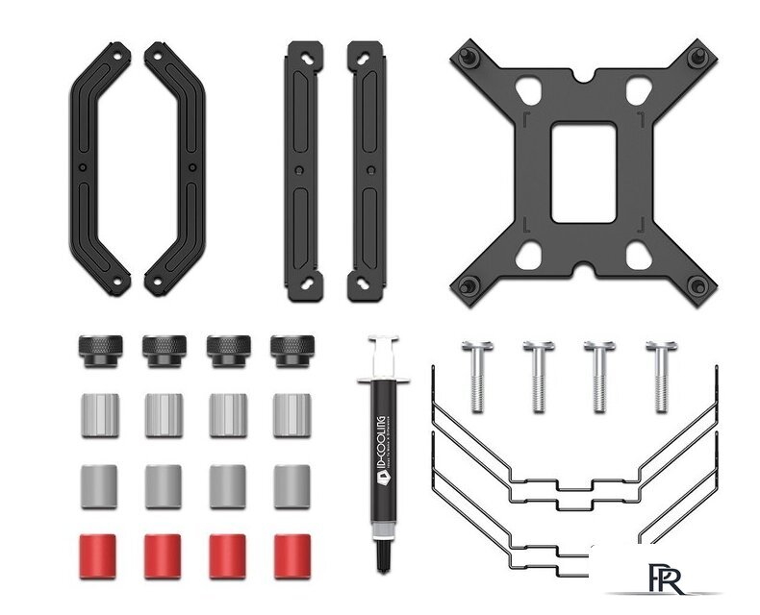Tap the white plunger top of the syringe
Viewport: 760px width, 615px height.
pyautogui.click(x=382, y=342)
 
